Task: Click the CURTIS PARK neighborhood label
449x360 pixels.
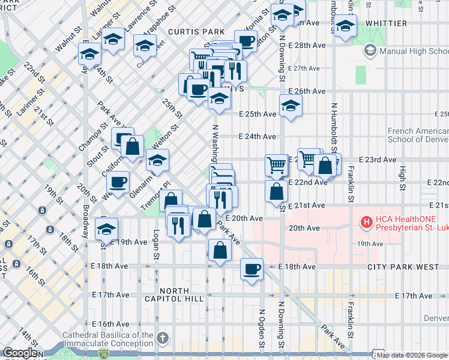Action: pos(196,31)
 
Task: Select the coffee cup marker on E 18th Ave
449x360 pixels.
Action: pos(252,268)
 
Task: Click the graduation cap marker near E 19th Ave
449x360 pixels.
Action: pos(107,229)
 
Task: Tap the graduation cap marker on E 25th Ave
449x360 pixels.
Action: pos(291,106)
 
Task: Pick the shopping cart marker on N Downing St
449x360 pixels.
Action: pos(276,164)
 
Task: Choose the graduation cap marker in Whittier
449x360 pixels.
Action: pos(345,26)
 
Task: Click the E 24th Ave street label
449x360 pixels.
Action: pos(257,137)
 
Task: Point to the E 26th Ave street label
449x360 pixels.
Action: pos(307,91)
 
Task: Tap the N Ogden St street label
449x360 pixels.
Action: pos(262,329)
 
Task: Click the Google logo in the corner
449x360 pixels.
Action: pos(20,353)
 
